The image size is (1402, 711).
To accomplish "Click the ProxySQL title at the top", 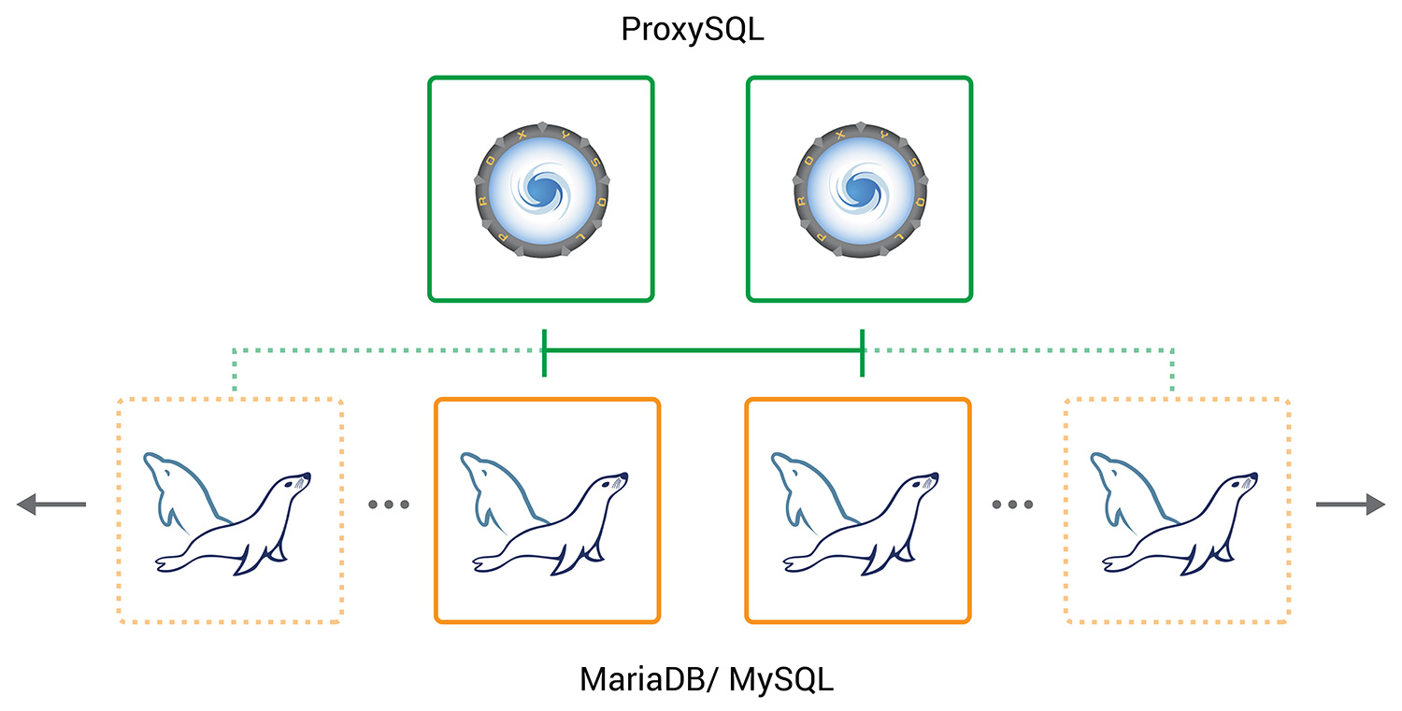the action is pos(693,30).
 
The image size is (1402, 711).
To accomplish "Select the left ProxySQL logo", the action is pos(542,190).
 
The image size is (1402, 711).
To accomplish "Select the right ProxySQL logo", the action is pos(861,190).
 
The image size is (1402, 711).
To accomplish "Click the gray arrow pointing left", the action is pos(51,504).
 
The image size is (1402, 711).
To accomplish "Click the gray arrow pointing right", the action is pos(1351,504).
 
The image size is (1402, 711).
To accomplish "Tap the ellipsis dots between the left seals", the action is pos(389,505).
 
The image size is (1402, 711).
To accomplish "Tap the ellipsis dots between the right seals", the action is pos(1012,505).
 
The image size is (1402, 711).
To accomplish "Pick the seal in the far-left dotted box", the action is pos(226,513).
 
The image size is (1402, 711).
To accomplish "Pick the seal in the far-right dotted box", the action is pos(1174,513).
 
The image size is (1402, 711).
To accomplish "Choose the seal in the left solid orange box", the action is pos(544,513).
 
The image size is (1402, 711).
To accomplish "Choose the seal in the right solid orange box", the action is pos(854,513).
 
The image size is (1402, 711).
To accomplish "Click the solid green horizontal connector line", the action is pos(704,350).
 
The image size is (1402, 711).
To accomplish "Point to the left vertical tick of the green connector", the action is pos(545,353).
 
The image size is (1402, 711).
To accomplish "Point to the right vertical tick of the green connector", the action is pos(863,353).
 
